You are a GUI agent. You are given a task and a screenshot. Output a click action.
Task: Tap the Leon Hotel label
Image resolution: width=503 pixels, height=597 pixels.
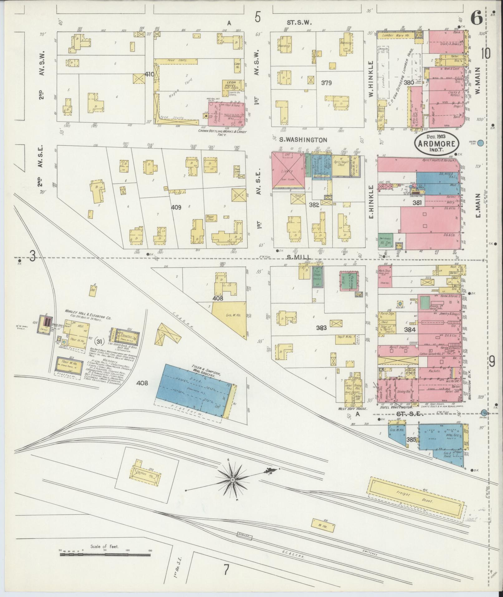(230, 83)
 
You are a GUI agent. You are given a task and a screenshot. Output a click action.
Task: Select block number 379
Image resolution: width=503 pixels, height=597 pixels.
(326, 83)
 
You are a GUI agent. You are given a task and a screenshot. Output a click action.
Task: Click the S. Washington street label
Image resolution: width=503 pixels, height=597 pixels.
(303, 140)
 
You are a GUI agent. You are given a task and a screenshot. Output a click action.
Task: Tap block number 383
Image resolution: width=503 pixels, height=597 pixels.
(321, 328)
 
